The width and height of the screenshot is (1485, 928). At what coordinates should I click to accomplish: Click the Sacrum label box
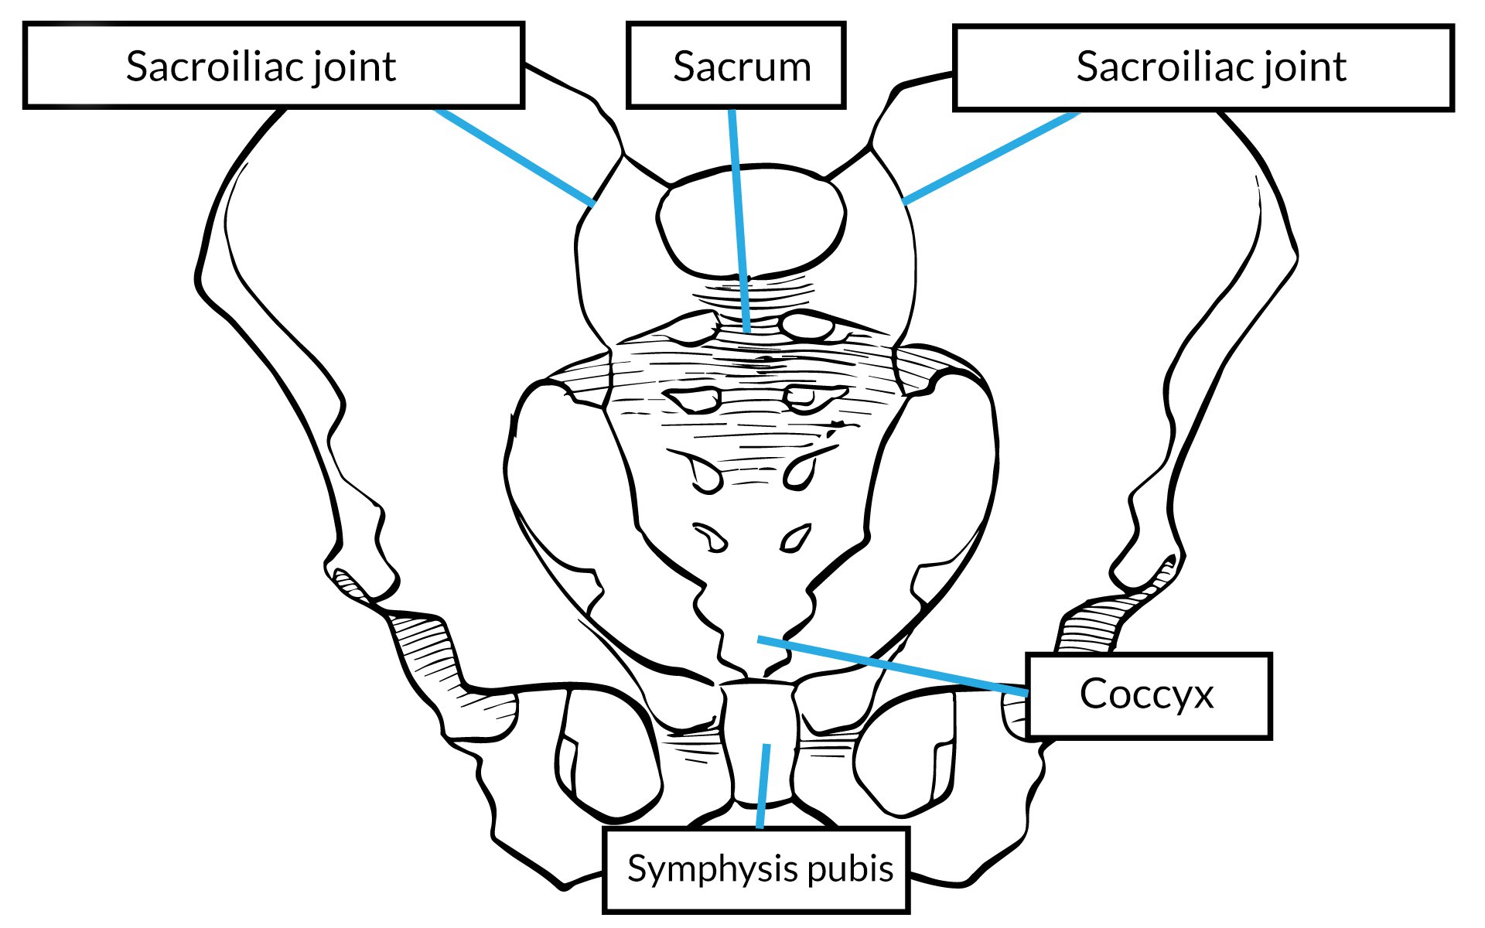(x=735, y=66)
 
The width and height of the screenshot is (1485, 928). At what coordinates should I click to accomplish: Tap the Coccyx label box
(x=1148, y=694)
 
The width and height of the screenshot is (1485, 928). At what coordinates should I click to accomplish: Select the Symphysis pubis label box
(x=756, y=869)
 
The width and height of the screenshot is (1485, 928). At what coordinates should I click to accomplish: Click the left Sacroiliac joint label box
(x=273, y=66)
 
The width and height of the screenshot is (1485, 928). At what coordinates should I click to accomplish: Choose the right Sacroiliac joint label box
(x=1203, y=67)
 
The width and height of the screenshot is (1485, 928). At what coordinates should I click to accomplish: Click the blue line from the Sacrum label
(x=739, y=224)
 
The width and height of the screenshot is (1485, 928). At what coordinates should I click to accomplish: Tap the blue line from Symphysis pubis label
(x=763, y=785)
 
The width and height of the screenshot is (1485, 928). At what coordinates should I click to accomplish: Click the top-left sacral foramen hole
(x=694, y=400)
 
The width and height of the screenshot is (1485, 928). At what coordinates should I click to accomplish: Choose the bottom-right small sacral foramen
(x=794, y=537)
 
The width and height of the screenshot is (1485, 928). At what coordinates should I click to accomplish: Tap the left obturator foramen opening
(x=611, y=754)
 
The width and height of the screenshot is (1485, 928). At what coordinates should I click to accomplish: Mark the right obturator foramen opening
(x=905, y=754)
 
